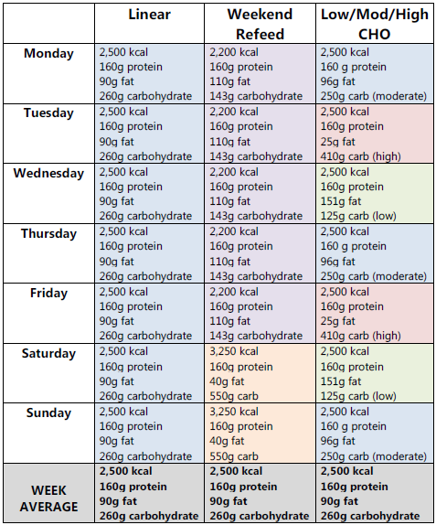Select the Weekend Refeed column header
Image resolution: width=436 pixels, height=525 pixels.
tap(260, 25)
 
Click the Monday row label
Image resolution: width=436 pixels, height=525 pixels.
tap(48, 54)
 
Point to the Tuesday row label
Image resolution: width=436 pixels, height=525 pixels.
tap(48, 113)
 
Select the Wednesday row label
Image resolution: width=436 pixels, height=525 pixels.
tap(48, 174)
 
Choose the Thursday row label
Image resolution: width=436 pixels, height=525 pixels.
tap(48, 233)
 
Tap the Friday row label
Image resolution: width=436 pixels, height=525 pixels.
tap(48, 294)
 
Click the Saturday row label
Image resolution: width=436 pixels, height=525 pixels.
tap(48, 353)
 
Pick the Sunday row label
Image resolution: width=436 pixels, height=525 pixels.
tap(48, 412)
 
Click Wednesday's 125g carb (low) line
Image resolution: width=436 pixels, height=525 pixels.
tap(358, 216)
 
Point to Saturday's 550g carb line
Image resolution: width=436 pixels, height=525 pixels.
tap(237, 395)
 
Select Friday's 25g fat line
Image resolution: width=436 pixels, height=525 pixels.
tap(338, 322)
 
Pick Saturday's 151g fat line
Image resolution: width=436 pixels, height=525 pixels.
tap(341, 381)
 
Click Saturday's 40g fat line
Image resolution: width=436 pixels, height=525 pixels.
tap(228, 381)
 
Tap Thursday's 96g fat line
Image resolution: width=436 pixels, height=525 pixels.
tap(338, 262)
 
